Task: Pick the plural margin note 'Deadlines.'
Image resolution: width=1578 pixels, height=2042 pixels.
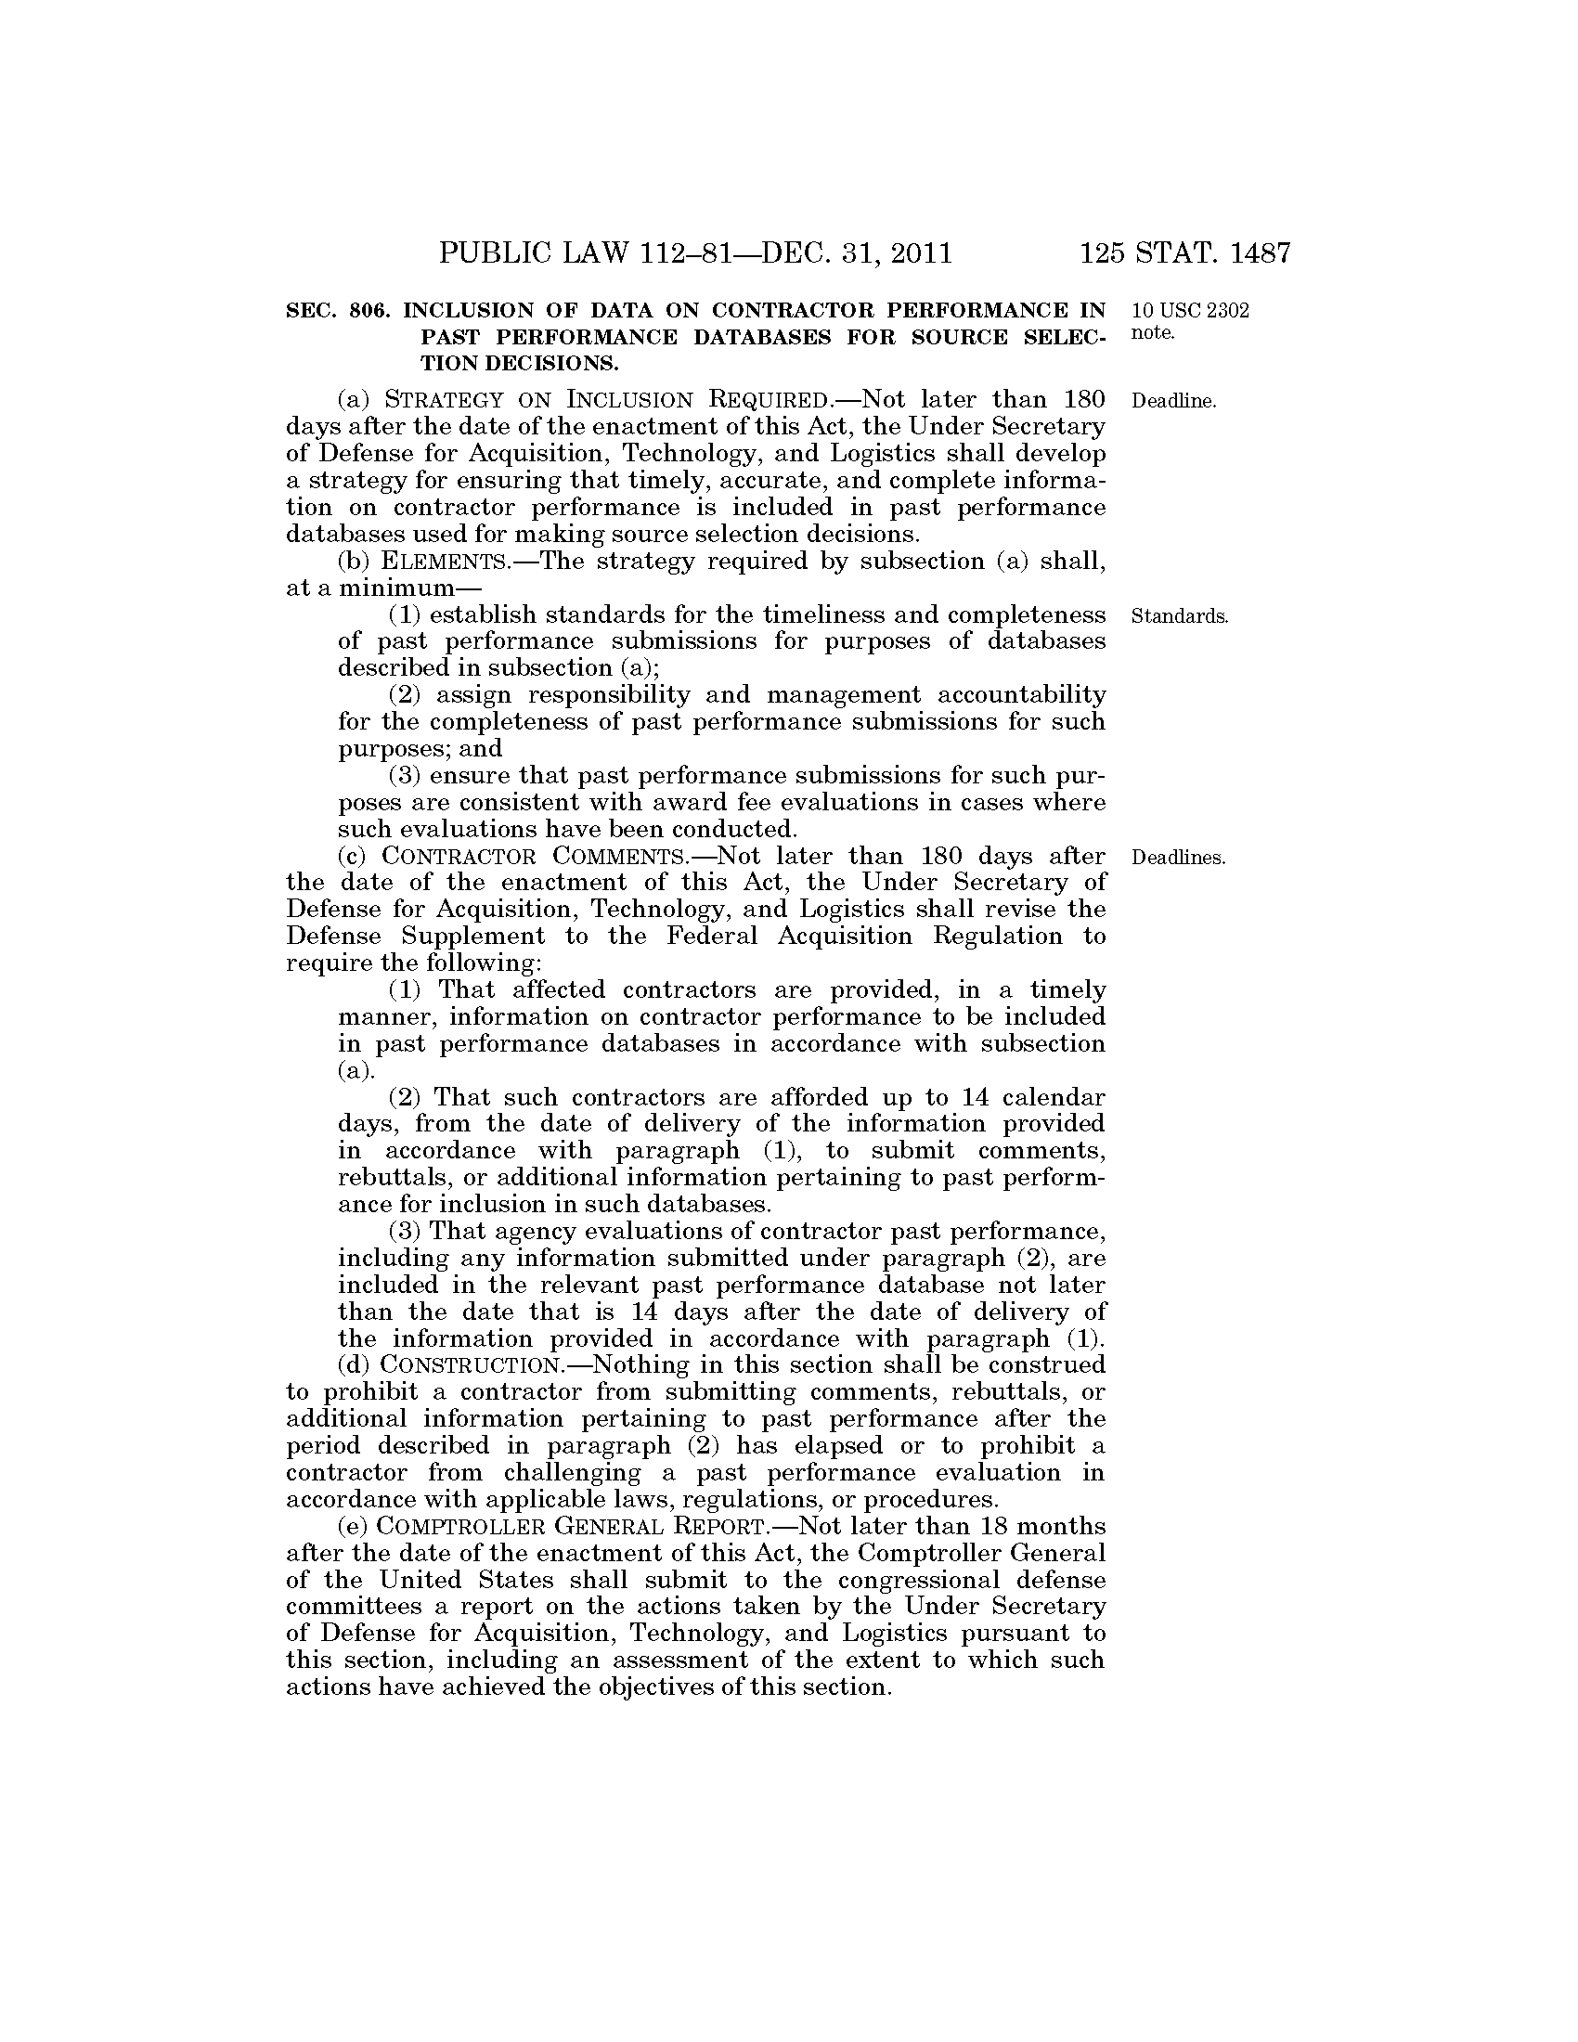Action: (x=1178, y=859)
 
